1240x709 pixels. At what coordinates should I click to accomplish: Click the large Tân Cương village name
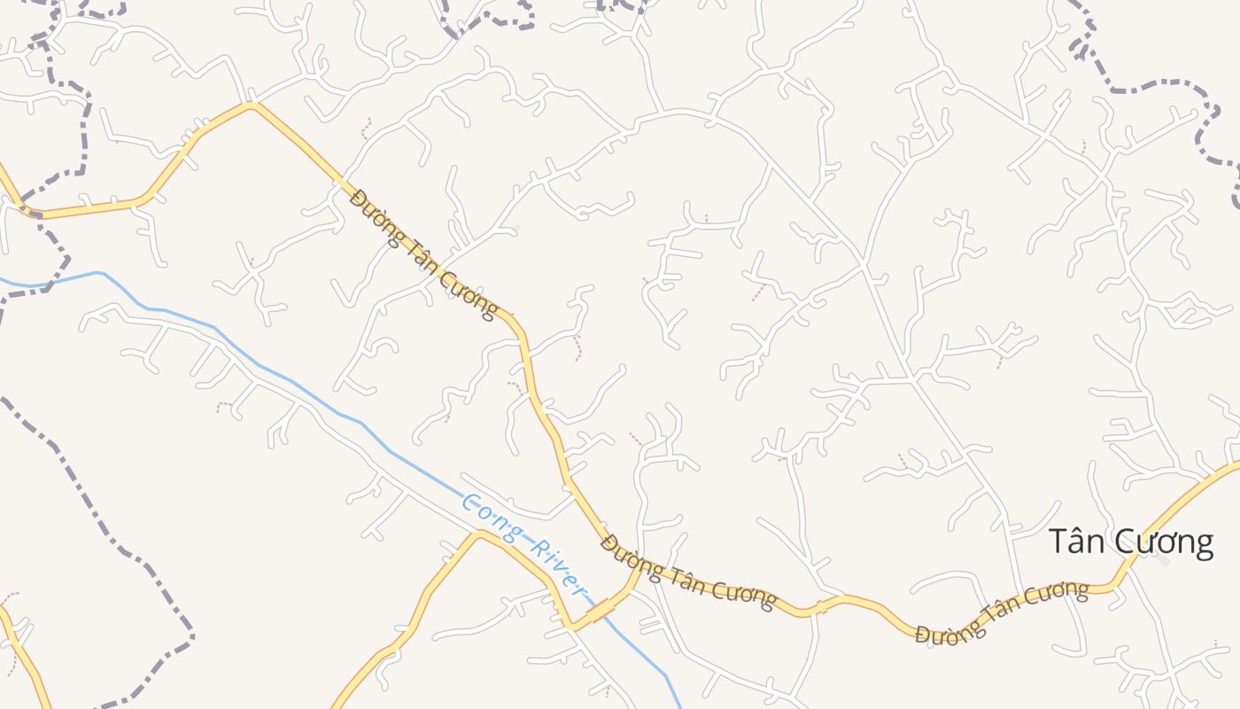[x=1130, y=541]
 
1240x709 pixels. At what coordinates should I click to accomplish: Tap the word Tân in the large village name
[x=1078, y=541]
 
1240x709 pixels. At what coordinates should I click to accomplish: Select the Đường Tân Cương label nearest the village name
[x=1002, y=612]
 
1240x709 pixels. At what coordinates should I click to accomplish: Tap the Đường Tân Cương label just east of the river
[x=687, y=572]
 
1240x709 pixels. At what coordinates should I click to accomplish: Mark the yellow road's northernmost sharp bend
[x=252, y=105]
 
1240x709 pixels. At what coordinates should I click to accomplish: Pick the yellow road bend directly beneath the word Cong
[x=478, y=534]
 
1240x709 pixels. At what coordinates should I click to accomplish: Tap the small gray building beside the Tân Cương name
[x=1164, y=560]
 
